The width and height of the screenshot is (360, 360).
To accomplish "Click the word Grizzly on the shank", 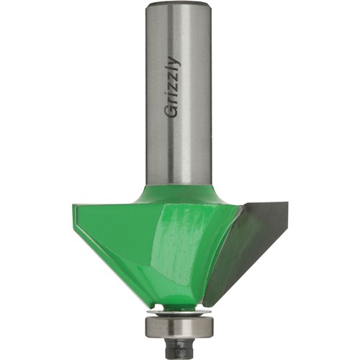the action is (174, 87).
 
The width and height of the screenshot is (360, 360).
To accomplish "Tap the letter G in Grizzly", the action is (172, 112).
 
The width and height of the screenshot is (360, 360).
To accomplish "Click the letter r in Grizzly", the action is (174, 101).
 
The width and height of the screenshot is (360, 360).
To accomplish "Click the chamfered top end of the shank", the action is (179, 5).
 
